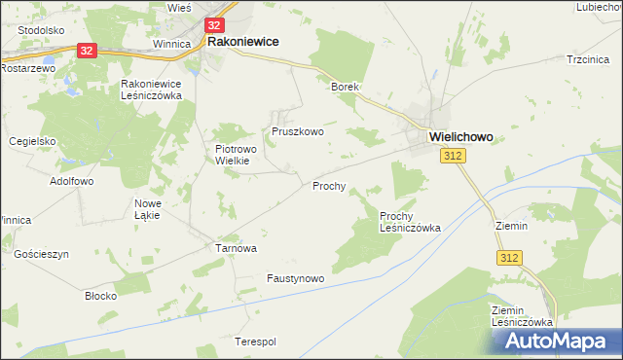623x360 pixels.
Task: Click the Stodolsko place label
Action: pos(40,30)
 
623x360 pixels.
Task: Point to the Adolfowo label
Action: pos(71,181)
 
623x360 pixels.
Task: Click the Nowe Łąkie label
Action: pos(147,209)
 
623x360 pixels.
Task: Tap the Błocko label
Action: pos(100,295)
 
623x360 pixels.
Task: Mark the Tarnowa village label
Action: pos(236,248)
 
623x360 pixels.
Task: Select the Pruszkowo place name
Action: pos(297,130)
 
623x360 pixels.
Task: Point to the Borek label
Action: pos(346,87)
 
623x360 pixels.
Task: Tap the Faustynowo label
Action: pos(295,278)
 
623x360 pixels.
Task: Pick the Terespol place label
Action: pos(255,342)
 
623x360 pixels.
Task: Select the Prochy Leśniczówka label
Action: pos(410,222)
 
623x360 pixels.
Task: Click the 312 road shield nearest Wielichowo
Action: pos(451,157)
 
